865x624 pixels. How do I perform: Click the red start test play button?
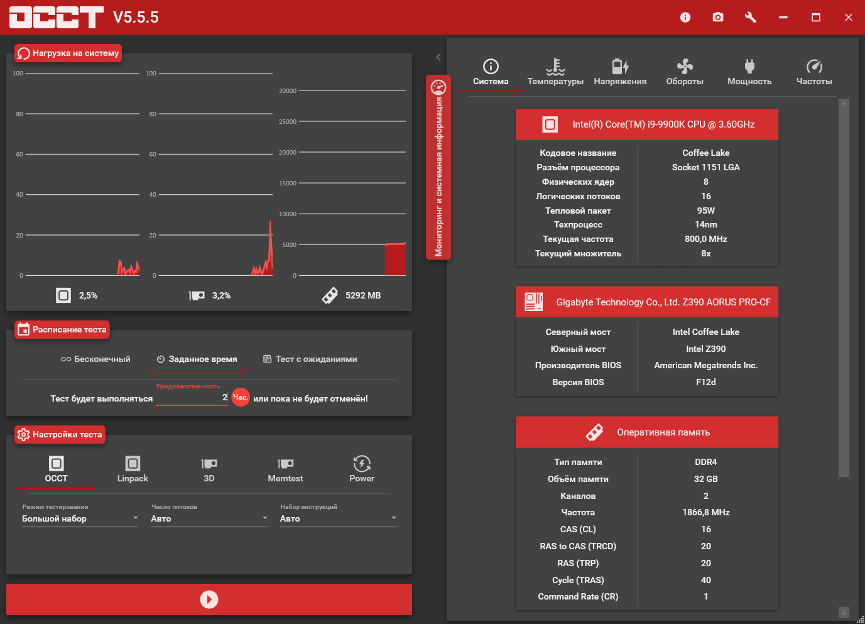click(209, 599)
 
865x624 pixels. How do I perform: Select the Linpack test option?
click(133, 469)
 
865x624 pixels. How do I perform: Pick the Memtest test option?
click(285, 469)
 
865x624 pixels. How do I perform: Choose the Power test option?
click(362, 469)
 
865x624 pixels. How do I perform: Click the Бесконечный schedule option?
click(96, 359)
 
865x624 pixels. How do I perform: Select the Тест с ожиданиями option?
click(310, 359)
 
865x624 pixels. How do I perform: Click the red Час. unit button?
click(241, 397)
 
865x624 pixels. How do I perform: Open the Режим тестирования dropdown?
click(80, 518)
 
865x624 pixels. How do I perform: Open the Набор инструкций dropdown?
click(338, 518)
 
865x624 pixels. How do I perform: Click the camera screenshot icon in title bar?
click(718, 17)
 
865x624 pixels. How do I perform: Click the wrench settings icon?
click(751, 17)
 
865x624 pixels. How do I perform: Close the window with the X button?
click(849, 17)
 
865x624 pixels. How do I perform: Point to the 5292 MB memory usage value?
click(363, 295)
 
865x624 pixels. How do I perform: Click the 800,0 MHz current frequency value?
click(706, 239)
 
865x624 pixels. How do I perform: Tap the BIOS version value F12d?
click(706, 382)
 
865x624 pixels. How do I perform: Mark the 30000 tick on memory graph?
click(288, 91)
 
